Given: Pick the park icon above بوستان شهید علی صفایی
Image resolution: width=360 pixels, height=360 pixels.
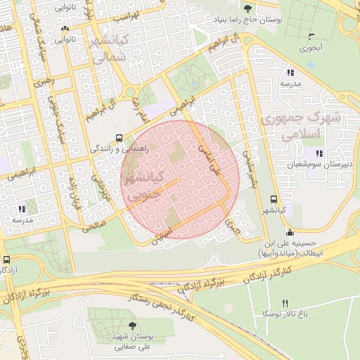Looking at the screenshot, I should click(133, 325).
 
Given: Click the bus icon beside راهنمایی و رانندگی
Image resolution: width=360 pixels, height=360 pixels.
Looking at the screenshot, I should click(119, 138).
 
